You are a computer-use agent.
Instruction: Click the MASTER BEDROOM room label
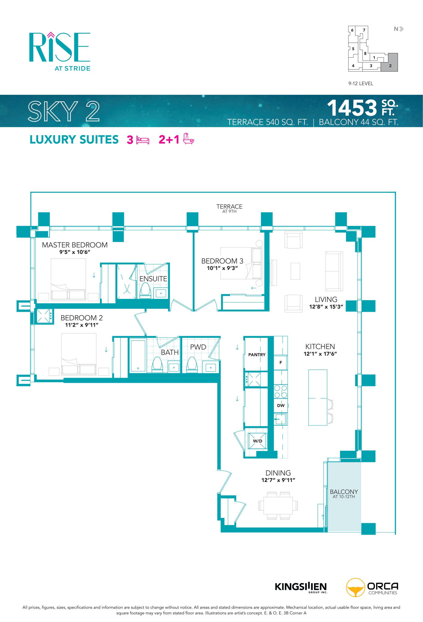tap(75, 245)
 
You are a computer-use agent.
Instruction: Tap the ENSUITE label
tap(153, 279)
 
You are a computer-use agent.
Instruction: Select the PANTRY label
tap(257, 355)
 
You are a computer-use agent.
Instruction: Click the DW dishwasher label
tap(281, 406)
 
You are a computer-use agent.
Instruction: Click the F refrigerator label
tap(281, 362)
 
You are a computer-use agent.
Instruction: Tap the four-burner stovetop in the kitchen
tap(281, 391)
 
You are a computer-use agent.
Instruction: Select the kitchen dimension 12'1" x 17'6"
tap(320, 354)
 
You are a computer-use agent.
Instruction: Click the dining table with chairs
tap(278, 506)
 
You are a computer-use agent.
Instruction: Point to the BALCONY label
tap(344, 492)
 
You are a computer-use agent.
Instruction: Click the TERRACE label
tap(229, 206)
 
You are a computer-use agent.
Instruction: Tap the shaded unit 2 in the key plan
tap(389, 62)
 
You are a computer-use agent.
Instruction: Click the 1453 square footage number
tap(352, 108)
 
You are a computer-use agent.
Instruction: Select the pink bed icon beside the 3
tap(143, 140)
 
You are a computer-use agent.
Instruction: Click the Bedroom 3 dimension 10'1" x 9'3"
tap(222, 268)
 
